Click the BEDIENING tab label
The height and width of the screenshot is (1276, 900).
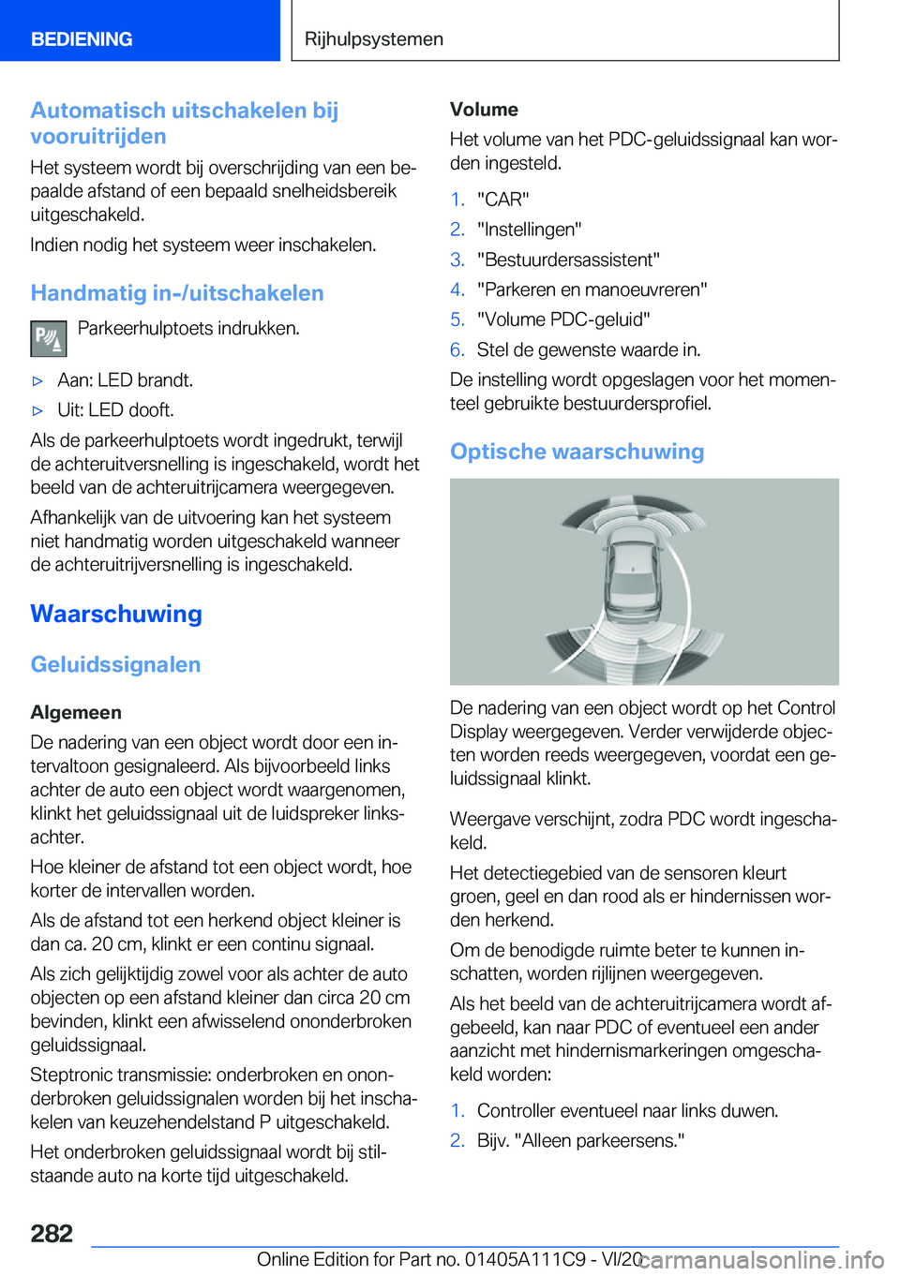pyautogui.click(x=82, y=39)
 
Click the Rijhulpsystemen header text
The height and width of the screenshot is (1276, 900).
pyautogui.click(x=374, y=39)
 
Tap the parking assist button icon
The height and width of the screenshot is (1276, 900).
pyautogui.click(x=48, y=338)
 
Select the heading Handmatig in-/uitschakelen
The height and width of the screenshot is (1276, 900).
pyautogui.click(x=177, y=293)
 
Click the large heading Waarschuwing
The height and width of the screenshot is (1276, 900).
pyautogui.click(x=116, y=615)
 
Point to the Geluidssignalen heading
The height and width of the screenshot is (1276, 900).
pyautogui.click(x=115, y=665)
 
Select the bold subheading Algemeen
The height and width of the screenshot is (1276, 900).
pyautogui.click(x=76, y=713)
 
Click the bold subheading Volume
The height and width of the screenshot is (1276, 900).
pyautogui.click(x=484, y=110)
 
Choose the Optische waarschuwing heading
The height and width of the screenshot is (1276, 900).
pyautogui.click(x=577, y=452)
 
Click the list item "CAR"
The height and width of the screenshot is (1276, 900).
pyautogui.click(x=502, y=200)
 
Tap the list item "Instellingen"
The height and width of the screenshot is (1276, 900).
pyautogui.click(x=529, y=230)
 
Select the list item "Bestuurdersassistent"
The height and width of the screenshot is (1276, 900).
pyautogui.click(x=568, y=260)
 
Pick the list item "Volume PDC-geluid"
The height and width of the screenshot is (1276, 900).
pyautogui.click(x=563, y=319)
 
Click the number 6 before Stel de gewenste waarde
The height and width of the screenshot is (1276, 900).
pyautogui.click(x=457, y=349)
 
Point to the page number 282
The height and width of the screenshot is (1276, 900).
pyautogui.click(x=52, y=1233)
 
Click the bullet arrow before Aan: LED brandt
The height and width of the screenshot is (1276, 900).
pyautogui.click(x=37, y=381)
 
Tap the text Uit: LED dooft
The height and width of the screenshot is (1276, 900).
pyautogui.click(x=115, y=410)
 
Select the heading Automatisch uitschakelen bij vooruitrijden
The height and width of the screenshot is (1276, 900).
pyautogui.click(x=185, y=124)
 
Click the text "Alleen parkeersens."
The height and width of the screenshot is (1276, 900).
pyautogui.click(x=580, y=1140)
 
